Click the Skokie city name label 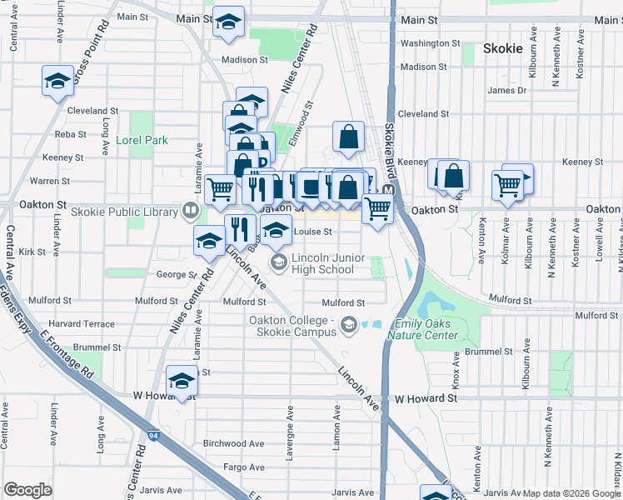click(504, 48)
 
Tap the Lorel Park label click(142, 141)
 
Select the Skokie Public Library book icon click(190, 212)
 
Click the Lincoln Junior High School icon click(278, 263)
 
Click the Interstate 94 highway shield click(153, 435)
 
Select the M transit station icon click(387, 191)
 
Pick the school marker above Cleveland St click(57, 81)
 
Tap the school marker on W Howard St click(181, 382)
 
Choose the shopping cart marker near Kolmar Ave click(507, 186)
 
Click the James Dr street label click(507, 91)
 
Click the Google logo click(27, 490)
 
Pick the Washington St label click(430, 43)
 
